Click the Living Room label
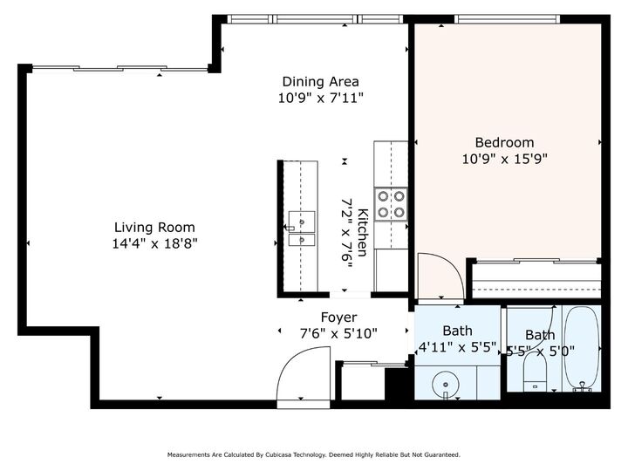click(154, 227)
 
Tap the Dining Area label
click(320, 82)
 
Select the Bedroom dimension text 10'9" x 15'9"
click(505, 159)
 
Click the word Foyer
click(338, 317)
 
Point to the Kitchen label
click(363, 232)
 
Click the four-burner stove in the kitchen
click(391, 204)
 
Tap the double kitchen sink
click(302, 229)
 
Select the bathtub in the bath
click(582, 348)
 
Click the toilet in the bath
click(535, 372)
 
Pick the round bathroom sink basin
click(446, 385)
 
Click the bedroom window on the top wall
click(507, 18)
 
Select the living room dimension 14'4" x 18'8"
click(154, 243)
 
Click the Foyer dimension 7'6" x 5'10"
click(338, 333)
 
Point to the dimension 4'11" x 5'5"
click(457, 347)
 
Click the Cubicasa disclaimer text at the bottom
click(314, 454)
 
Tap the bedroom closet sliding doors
click(536, 261)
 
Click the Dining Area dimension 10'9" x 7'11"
click(320, 98)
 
